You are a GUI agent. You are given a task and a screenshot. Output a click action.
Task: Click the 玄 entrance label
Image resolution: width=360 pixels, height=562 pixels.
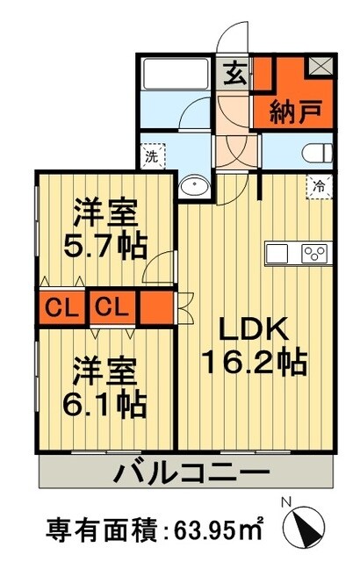[x=234, y=76]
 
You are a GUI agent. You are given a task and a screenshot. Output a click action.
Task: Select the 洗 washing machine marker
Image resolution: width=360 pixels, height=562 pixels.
[x=150, y=158]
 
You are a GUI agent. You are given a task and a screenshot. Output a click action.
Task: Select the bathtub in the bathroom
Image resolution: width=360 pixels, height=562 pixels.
[x=174, y=74]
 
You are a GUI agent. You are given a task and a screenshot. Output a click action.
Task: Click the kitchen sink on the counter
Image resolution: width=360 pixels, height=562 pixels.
[x=277, y=253]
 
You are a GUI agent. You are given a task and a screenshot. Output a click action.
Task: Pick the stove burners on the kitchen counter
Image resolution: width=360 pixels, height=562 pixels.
[x=313, y=253]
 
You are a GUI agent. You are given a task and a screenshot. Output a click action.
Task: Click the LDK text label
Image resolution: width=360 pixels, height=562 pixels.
[x=255, y=329]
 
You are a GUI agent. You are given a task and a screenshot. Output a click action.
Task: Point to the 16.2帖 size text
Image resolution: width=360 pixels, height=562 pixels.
[x=255, y=362]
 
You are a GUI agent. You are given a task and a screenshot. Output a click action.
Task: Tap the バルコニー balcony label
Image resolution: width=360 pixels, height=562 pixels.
[x=189, y=474]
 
